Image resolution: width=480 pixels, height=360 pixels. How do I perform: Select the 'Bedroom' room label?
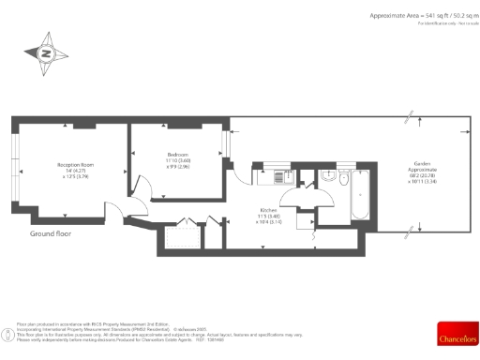coord(178,154)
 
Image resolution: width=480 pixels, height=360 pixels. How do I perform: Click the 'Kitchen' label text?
coord(268,209)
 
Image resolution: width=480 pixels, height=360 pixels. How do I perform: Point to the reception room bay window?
coord(16,164)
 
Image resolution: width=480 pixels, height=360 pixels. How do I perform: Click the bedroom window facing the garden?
coord(224,143)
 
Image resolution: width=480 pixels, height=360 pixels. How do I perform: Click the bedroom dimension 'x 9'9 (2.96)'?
coord(178,167)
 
